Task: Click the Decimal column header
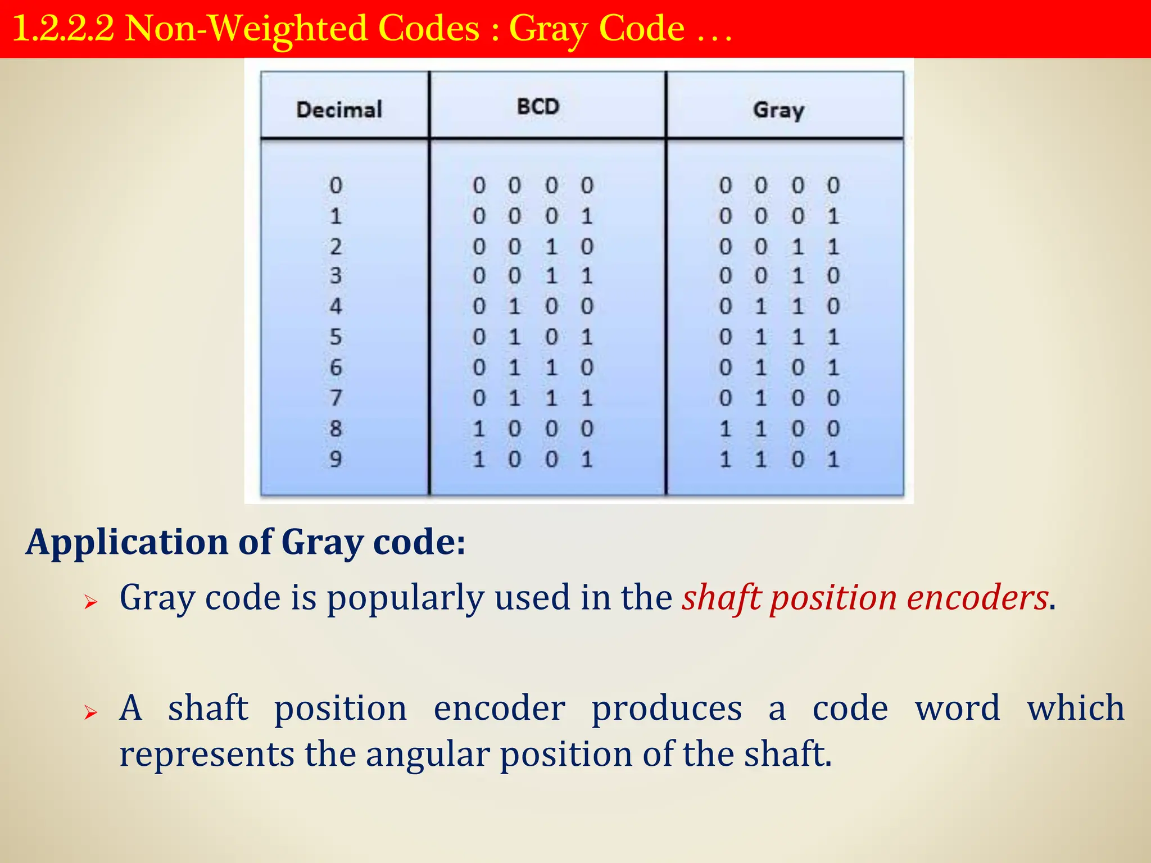(x=339, y=110)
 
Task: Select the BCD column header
(x=538, y=107)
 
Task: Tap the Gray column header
(x=778, y=110)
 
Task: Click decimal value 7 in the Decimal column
(x=336, y=398)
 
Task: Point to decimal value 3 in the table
(x=336, y=276)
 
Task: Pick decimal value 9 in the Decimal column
(x=336, y=459)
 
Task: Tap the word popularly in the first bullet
(x=405, y=598)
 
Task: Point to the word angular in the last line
(x=428, y=754)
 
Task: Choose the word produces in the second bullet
(x=667, y=708)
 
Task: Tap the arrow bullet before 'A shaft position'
(x=90, y=713)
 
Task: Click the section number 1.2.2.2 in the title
(x=63, y=29)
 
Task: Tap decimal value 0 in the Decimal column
(x=336, y=185)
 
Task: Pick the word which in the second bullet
(x=1076, y=708)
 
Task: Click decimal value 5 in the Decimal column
(x=336, y=337)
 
